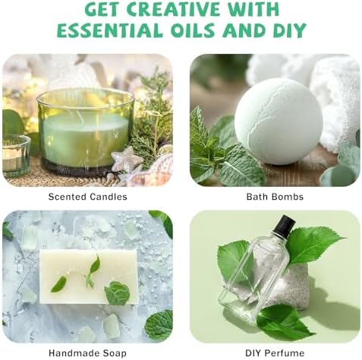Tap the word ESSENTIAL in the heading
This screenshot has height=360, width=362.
tap(110, 30)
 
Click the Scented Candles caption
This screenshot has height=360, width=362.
tap(87, 197)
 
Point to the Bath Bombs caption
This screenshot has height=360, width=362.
tap(275, 197)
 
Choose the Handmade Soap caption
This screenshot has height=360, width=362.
tap(87, 353)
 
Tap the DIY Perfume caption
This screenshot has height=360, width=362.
tap(275, 353)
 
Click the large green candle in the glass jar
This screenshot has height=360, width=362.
tap(86, 131)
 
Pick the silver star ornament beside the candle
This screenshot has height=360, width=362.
tap(127, 159)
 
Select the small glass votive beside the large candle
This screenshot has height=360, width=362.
tap(16, 156)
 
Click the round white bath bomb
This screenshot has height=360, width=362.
tap(279, 121)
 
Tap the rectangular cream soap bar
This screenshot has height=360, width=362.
tap(89, 276)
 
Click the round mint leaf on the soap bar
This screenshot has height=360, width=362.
tap(117, 293)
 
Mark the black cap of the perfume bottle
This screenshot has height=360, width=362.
tap(286, 223)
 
